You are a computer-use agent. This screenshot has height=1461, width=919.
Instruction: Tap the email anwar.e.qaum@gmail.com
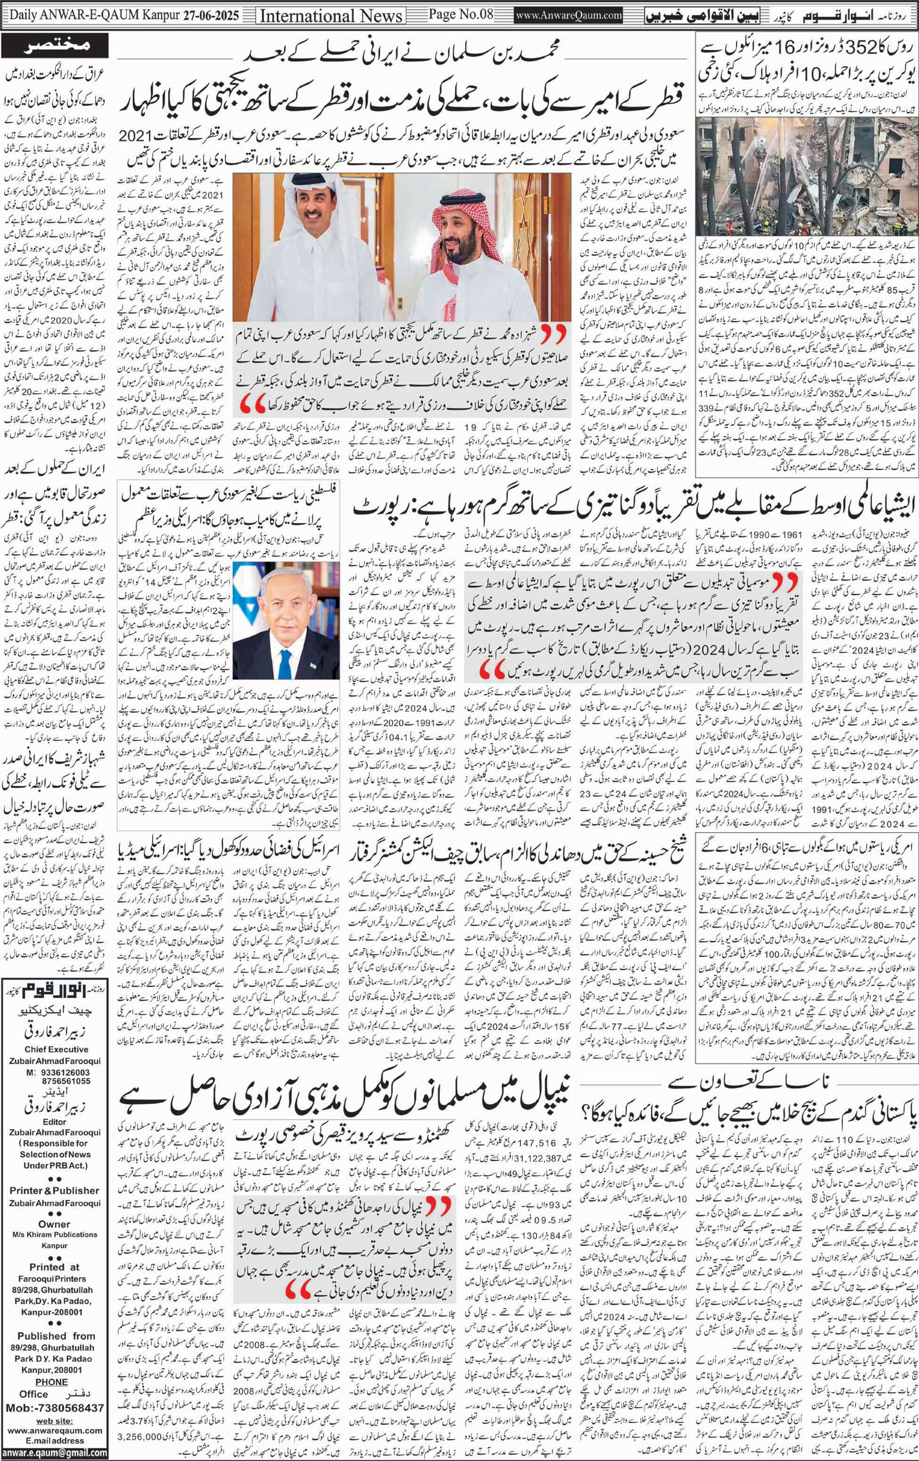pos(54,1452)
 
